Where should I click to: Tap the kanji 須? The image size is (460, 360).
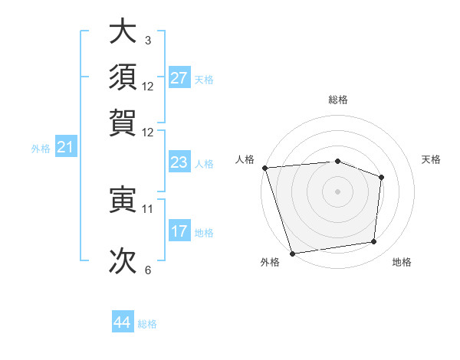point(123,77)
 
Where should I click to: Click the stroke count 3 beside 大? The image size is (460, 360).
point(147,40)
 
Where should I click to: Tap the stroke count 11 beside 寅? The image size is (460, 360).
point(148,208)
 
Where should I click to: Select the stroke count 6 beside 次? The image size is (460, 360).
point(147,270)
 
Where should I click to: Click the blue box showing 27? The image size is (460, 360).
point(179,78)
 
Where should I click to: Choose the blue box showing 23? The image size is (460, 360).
point(179,162)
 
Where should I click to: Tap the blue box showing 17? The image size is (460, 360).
point(179,231)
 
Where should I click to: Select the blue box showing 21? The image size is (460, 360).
point(64,147)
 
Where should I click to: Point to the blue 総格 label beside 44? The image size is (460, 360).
point(147,324)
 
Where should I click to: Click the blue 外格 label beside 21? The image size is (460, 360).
point(41,149)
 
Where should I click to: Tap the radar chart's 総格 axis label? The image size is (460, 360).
point(338,100)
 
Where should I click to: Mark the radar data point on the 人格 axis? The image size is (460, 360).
point(264,168)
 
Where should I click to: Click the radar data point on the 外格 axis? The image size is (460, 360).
point(292,253)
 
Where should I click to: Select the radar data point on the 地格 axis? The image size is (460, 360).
point(374,242)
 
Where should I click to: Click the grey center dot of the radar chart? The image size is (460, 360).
point(337,191)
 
